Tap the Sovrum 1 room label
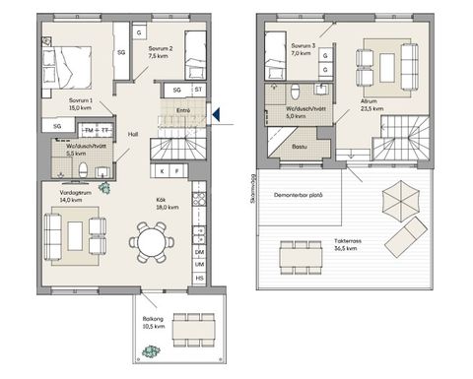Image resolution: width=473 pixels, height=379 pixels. click(81, 104)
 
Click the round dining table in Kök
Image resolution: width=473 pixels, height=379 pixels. click(153, 241)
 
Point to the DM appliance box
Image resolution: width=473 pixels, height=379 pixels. click(199, 252)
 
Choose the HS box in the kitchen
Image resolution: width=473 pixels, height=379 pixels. click(199, 279)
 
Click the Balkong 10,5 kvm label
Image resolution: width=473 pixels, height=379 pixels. click(150, 324)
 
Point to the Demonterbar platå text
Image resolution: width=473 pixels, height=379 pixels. click(299, 194)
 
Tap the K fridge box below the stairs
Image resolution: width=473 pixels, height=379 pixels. click(163, 171)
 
